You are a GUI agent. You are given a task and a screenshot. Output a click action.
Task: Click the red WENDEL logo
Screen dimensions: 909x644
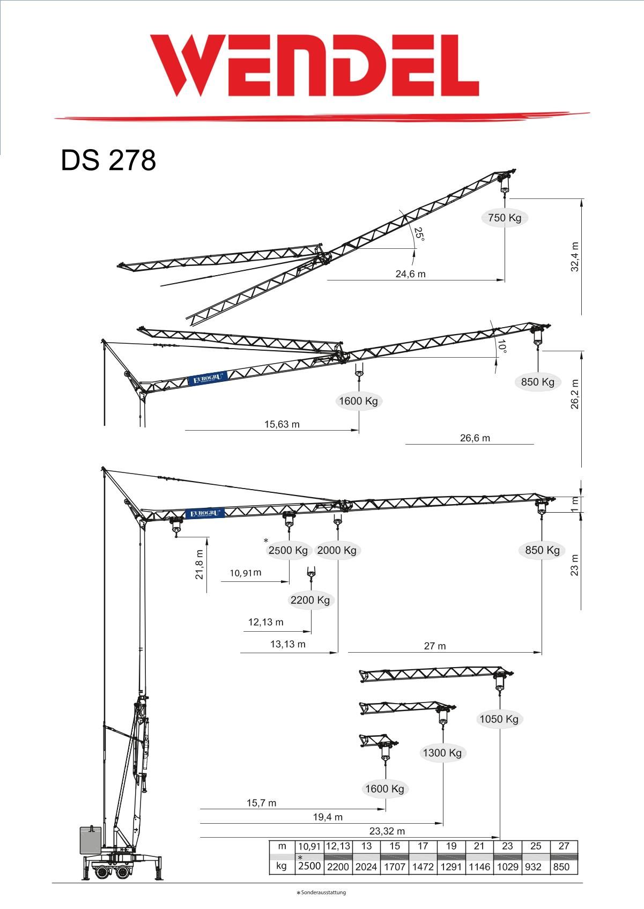click(x=314, y=65)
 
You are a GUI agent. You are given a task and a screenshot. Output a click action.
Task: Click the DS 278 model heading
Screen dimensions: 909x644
click(x=108, y=160)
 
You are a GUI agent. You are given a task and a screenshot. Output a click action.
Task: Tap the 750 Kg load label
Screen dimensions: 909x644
click(x=504, y=218)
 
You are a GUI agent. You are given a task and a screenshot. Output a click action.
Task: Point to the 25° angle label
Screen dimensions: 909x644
click(x=419, y=234)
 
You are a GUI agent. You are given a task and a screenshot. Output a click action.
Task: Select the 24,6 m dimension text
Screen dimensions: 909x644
click(x=410, y=274)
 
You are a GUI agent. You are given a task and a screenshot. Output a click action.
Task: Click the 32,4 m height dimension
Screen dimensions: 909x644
click(x=575, y=257)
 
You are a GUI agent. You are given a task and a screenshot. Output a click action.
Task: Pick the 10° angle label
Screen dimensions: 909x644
click(x=501, y=346)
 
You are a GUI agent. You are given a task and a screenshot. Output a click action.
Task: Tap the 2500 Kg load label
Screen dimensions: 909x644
click(x=288, y=550)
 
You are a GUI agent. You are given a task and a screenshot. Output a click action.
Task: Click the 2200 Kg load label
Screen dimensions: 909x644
click(x=310, y=600)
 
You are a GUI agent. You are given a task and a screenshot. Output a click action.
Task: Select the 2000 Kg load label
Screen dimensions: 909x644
click(x=337, y=550)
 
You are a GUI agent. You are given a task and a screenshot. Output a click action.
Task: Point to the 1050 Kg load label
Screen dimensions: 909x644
click(x=499, y=719)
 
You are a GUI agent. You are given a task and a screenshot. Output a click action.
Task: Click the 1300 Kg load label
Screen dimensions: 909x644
click(x=442, y=753)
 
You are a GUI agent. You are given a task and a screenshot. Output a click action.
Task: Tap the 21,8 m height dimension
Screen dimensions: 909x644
click(x=199, y=564)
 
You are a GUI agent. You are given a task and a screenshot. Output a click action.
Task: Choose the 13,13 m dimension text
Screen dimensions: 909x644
click(x=287, y=644)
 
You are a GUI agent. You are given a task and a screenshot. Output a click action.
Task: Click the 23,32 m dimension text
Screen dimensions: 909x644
click(x=387, y=831)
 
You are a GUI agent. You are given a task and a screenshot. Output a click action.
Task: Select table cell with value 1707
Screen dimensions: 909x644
click(x=395, y=867)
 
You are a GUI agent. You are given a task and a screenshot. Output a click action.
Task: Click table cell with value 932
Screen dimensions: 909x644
click(x=534, y=867)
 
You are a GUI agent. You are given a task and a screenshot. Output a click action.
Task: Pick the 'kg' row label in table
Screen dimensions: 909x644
click(x=282, y=866)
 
